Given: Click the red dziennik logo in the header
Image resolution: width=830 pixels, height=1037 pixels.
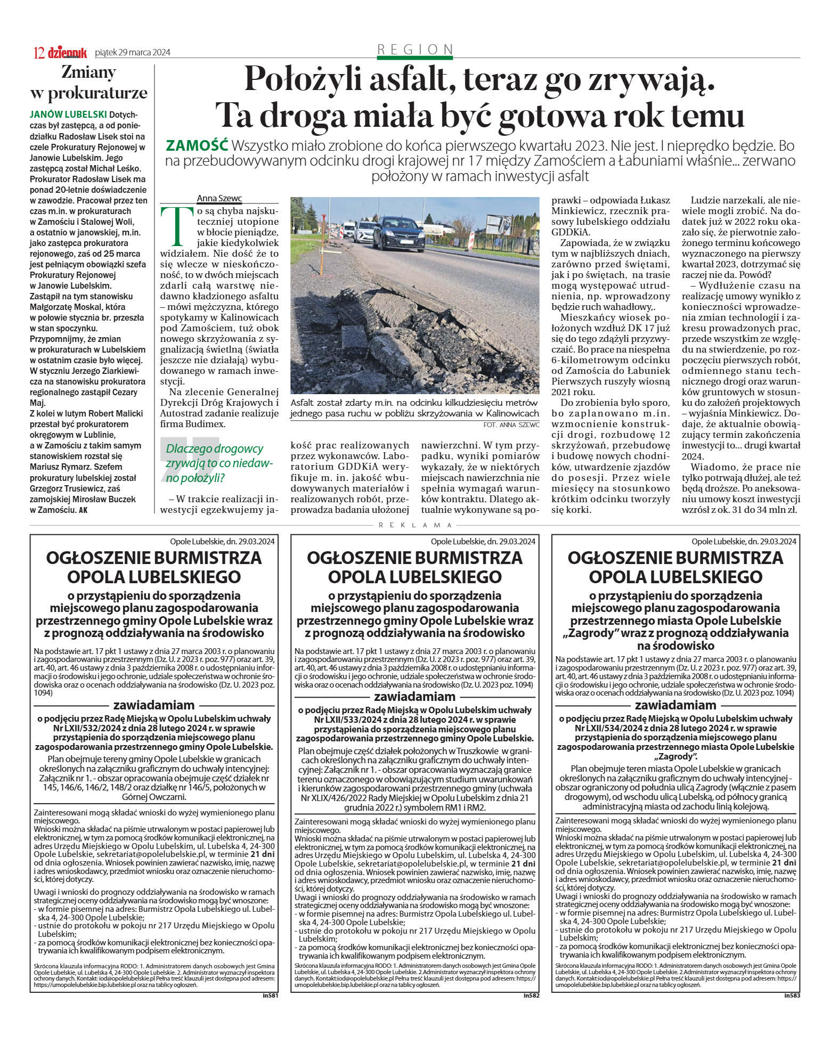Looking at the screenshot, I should coord(67,52).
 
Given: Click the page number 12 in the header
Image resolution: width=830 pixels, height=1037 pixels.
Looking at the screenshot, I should coord(39,53).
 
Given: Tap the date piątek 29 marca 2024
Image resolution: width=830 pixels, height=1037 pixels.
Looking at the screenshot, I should coord(132,52).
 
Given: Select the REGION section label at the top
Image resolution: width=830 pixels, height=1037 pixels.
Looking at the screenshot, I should coord(415,50).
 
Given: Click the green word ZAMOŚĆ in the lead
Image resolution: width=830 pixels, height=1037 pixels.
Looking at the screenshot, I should coord(197,145).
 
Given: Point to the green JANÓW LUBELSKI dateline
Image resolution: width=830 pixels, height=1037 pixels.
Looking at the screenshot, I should coord(68,115).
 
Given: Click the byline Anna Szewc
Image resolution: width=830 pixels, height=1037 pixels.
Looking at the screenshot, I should coord(219,199).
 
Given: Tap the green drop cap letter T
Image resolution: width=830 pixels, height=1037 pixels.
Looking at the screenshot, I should coord(175,223).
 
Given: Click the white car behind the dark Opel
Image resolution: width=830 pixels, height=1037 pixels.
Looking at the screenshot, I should coord(363,231).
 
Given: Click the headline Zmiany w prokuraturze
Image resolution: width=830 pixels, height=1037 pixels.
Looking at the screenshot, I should coord(88,82).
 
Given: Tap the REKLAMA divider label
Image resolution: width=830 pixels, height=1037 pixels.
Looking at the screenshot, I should coord(415,525).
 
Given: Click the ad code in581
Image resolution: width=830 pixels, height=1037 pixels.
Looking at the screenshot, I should coord(270,995).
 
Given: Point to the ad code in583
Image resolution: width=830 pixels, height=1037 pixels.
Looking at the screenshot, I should coord(792,995).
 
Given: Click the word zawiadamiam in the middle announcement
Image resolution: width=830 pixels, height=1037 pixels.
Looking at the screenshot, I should coord(414,697).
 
